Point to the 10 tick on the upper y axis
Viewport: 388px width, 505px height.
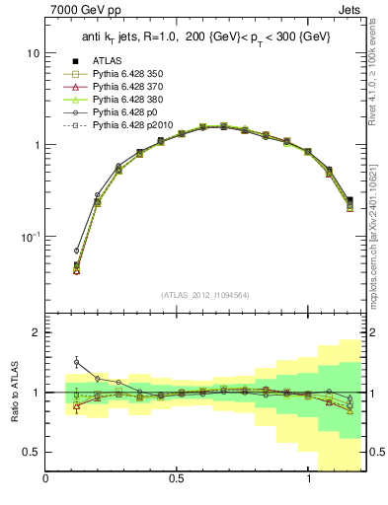pyautogui.click(x=32, y=52)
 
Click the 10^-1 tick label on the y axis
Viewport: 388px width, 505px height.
pyautogui.click(x=29, y=237)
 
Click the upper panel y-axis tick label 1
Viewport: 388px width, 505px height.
pyautogui.click(x=35, y=145)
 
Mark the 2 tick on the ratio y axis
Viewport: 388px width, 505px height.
pyautogui.click(x=36, y=332)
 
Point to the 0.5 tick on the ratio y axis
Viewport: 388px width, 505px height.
pyautogui.click(x=31, y=452)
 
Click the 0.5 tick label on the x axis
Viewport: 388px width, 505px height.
pyautogui.click(x=177, y=478)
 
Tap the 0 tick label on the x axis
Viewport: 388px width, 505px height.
pyautogui.click(x=46, y=478)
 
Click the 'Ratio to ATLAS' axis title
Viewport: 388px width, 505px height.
pyautogui.click(x=13, y=393)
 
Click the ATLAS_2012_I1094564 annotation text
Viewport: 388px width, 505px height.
pyautogui.click(x=203, y=294)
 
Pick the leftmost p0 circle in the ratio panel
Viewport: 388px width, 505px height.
pyautogui.click(x=76, y=362)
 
